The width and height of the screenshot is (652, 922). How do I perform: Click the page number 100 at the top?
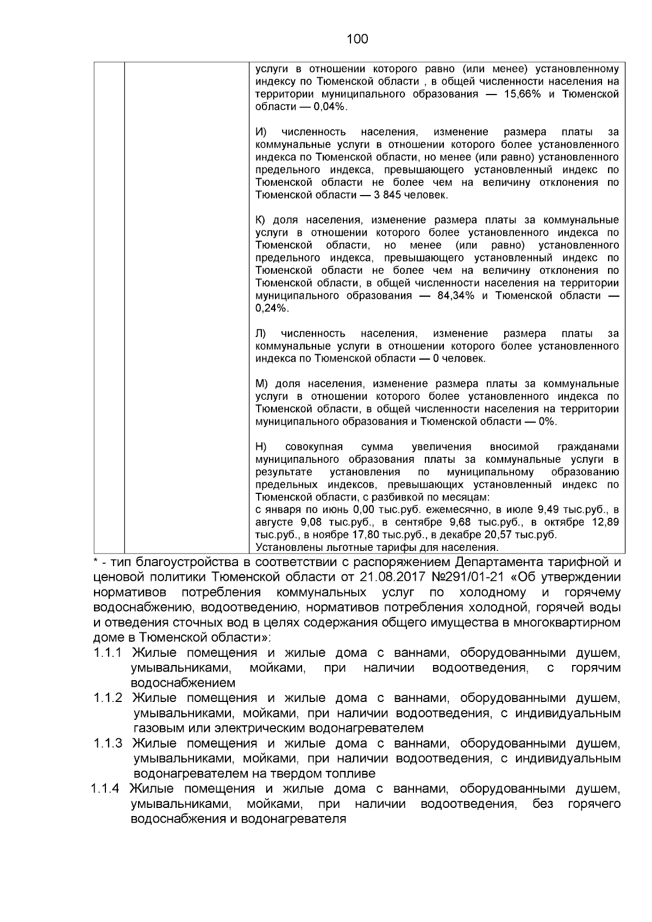pyautogui.click(x=357, y=39)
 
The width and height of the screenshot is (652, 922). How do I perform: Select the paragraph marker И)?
pyautogui.click(x=261, y=132)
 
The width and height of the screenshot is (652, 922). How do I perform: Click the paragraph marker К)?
pyautogui.click(x=261, y=220)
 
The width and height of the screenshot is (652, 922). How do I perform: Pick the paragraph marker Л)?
pyautogui.click(x=261, y=333)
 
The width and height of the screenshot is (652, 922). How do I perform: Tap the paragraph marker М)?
pyautogui.click(x=262, y=384)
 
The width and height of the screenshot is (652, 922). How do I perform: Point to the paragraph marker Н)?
pyautogui.click(x=261, y=447)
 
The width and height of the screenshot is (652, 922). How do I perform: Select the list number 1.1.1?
pyautogui.click(x=108, y=653)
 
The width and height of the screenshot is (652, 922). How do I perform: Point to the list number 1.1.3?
pyautogui.click(x=108, y=743)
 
